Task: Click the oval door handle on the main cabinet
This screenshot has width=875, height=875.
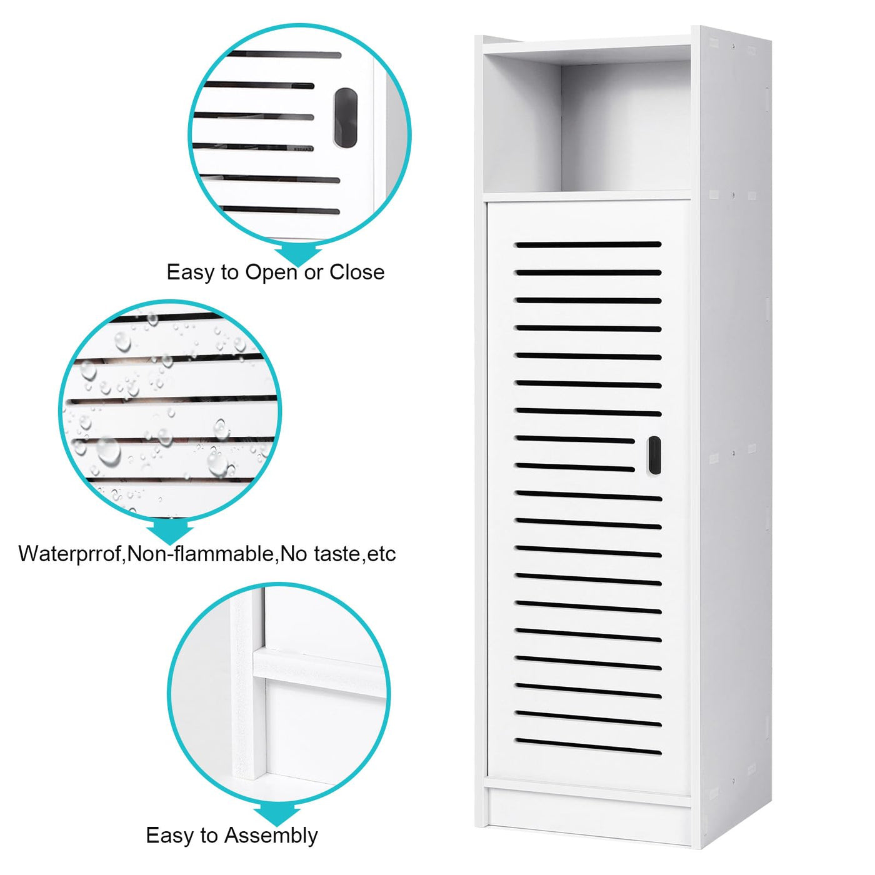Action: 654,455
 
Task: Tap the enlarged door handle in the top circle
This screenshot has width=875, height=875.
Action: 346,117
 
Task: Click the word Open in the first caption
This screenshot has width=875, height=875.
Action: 272,273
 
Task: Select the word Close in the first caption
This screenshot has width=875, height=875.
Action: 357,272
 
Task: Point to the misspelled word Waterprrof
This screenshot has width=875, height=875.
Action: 71,554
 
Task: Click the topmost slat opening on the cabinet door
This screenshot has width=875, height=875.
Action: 588,245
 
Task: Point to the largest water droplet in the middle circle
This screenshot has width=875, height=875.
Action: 108,451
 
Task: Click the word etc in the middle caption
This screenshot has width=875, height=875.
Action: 381,554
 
